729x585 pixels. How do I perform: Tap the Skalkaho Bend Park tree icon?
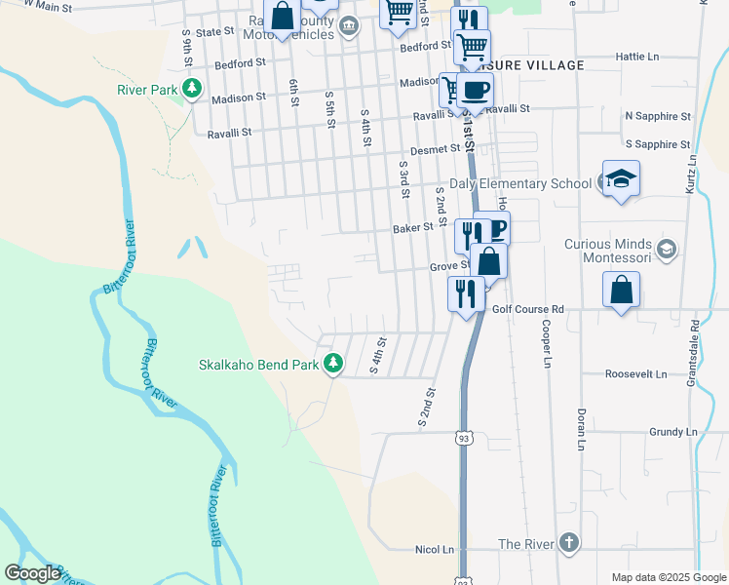click(334, 363)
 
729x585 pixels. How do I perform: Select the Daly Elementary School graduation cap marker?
click(620, 179)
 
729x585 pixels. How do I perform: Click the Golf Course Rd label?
click(528, 309)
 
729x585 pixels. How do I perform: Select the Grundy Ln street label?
click(672, 431)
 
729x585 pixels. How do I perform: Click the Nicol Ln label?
click(435, 550)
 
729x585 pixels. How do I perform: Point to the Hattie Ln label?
click(639, 57)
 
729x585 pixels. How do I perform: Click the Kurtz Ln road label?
click(692, 173)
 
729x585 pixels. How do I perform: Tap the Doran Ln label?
click(581, 429)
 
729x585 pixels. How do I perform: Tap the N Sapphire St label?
click(658, 116)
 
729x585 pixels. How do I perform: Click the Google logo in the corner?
click(33, 572)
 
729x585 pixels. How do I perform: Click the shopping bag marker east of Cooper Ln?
click(621, 291)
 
